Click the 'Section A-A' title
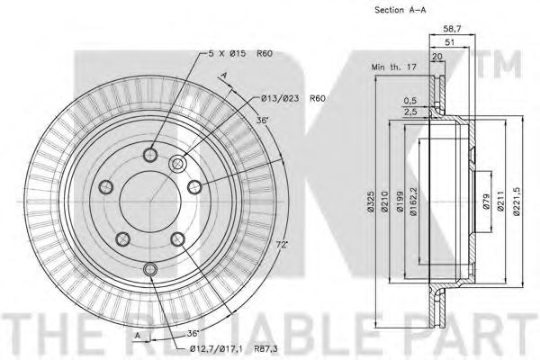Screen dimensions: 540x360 (400, 10)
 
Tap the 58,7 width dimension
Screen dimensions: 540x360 (452, 29)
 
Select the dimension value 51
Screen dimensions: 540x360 (450, 42)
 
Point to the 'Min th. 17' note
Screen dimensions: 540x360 (394, 67)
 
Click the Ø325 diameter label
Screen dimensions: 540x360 (371, 202)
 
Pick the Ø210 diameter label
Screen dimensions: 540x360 (384, 202)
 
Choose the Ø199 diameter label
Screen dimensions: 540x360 (400, 202)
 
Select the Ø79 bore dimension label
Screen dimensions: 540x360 (486, 202)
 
